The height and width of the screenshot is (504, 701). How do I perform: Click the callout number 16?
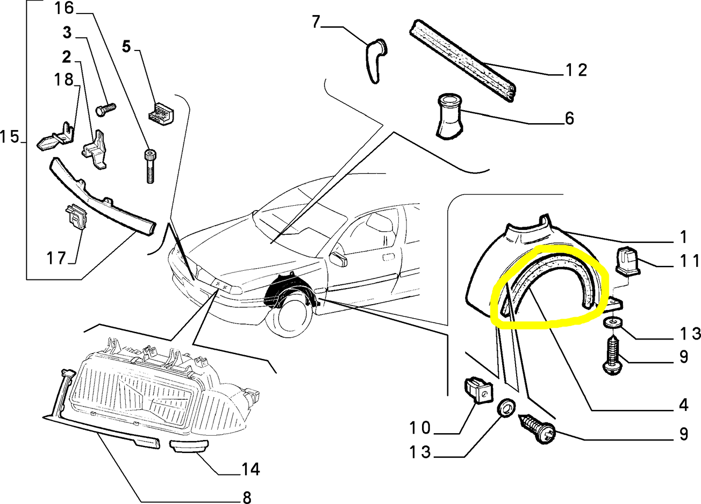click(64, 8)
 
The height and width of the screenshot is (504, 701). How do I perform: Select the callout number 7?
click(316, 22)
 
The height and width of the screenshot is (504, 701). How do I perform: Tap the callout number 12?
click(576, 70)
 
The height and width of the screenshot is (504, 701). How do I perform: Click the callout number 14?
click(250, 469)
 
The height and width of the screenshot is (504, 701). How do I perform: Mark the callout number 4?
click(683, 405)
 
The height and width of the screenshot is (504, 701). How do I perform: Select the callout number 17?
click(56, 258)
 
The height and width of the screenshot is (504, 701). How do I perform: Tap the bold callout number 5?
click(126, 47)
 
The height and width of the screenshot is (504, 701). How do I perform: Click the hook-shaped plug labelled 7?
click(375, 61)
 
